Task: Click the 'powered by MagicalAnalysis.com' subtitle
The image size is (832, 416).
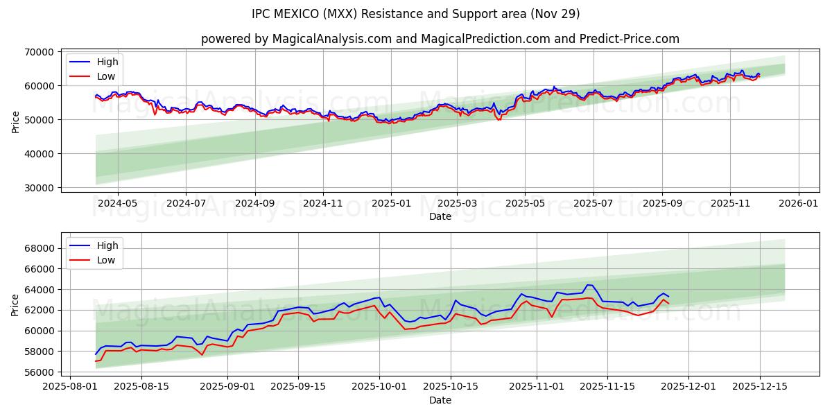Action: (x=440, y=39)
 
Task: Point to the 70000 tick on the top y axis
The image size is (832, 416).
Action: (x=39, y=52)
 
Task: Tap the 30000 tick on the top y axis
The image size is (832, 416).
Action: (x=39, y=188)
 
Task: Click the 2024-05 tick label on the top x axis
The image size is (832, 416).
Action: (x=117, y=202)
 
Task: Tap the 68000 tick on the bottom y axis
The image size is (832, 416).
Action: (x=39, y=248)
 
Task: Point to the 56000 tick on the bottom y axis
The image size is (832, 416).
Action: (x=39, y=372)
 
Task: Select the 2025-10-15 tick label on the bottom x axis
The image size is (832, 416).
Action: (x=451, y=386)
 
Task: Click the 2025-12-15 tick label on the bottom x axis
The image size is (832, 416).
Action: (x=760, y=386)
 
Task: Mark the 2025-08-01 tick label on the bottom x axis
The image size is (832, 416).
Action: (x=69, y=386)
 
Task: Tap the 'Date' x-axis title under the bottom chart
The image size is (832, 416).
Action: (x=440, y=400)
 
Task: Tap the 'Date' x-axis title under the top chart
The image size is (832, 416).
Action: (x=440, y=216)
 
